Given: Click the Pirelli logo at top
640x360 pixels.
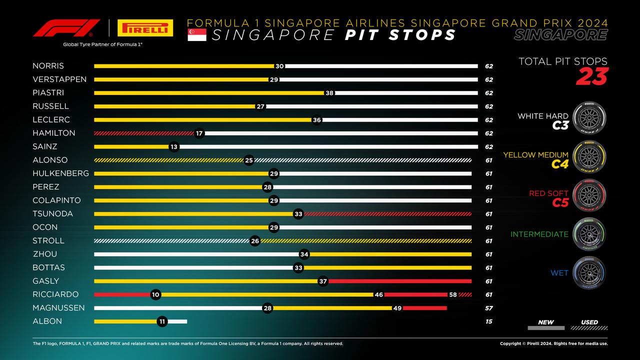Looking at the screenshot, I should pos(145,28).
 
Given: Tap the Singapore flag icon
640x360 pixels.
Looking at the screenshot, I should pos(197,35).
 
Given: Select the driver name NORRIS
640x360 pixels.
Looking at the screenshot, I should pos(48,66).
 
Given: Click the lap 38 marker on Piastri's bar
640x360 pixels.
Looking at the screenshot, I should pos(329,93).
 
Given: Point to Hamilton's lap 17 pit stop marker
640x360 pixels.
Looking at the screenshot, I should pos(199,133).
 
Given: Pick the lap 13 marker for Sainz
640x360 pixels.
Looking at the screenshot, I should pos(174,147).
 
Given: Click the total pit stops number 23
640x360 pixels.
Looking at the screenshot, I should pos(592,77).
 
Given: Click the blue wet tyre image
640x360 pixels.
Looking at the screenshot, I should pos(589,273).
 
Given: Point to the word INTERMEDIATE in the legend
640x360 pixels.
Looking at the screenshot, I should pos(539,234).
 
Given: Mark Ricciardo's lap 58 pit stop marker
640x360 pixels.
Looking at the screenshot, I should pos(453,294).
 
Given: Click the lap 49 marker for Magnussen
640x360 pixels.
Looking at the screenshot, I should pos(397,308).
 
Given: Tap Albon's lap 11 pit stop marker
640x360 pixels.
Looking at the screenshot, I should pos(161,321).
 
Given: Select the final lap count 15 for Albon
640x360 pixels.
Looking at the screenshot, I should pos(488,321).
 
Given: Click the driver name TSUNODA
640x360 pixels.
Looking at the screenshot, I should pos(52,214).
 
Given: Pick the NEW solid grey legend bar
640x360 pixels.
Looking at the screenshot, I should pos(546,328).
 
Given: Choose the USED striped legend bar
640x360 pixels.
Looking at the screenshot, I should pos(589,328).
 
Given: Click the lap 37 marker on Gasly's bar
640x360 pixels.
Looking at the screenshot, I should pos(323,281).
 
